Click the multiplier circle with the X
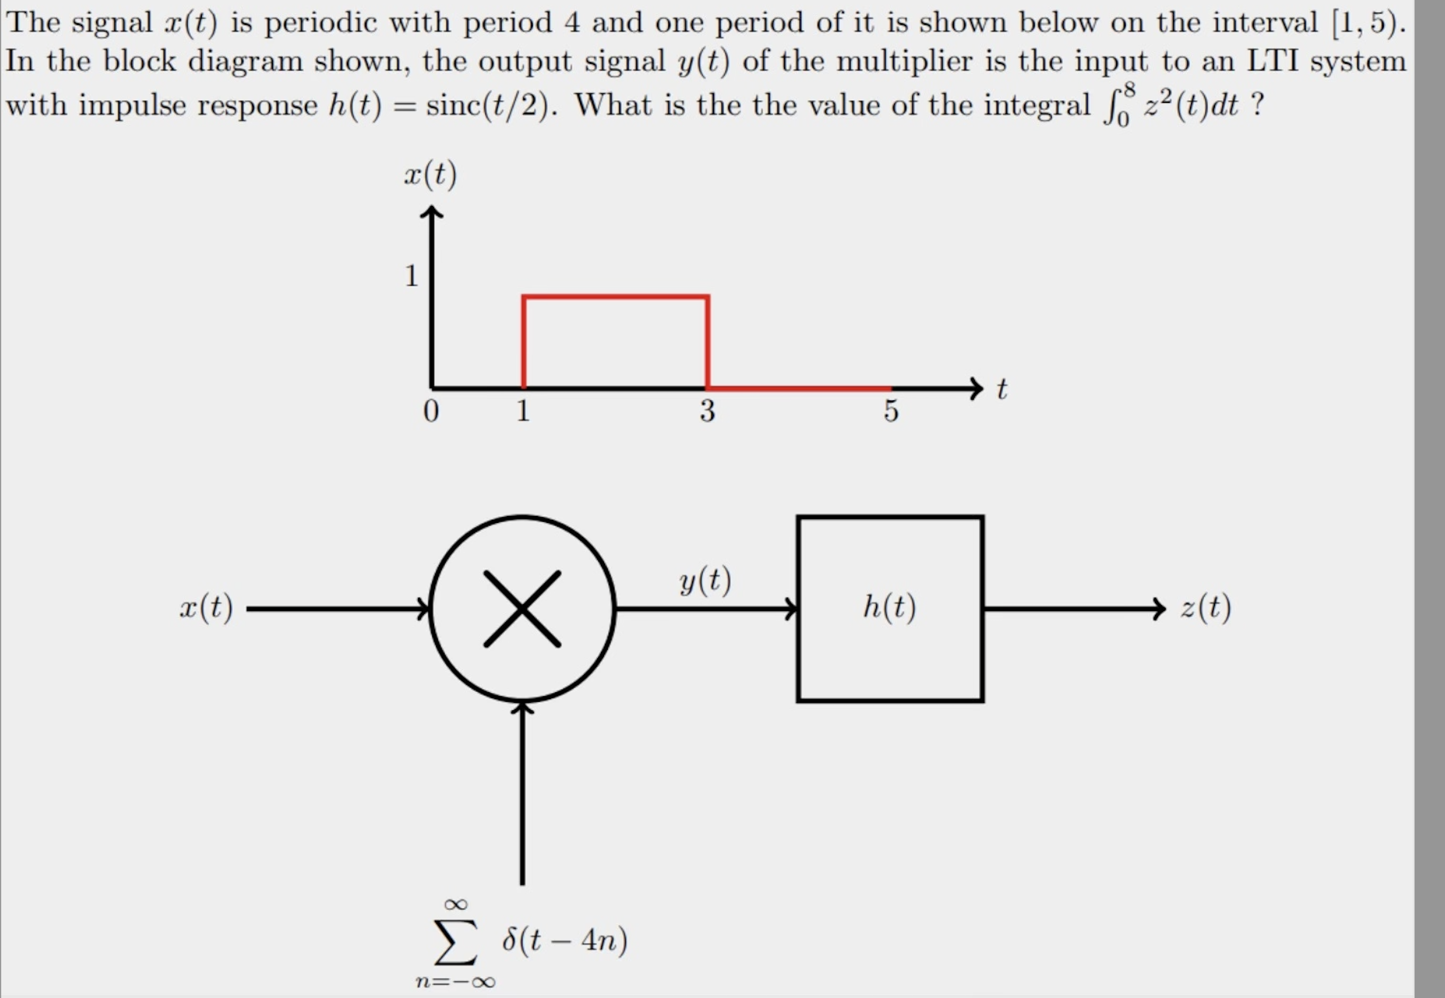pyautogui.click(x=522, y=608)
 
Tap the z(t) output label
pyautogui.click(x=1205, y=607)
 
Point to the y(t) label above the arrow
pyautogui.click(x=704, y=580)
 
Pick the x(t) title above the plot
pyautogui.click(x=430, y=175)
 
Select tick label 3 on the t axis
pyautogui.click(x=707, y=411)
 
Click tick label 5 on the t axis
pyautogui.click(x=890, y=411)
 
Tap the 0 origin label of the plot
pyautogui.click(x=430, y=411)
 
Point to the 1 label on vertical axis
pyautogui.click(x=411, y=276)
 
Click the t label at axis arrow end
pyautogui.click(x=1001, y=389)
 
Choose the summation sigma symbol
pyautogui.click(x=455, y=941)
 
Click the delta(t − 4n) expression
pyautogui.click(x=565, y=940)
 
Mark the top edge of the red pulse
pyautogui.click(x=615, y=296)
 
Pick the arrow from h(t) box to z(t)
pyautogui.click(x=1073, y=608)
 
